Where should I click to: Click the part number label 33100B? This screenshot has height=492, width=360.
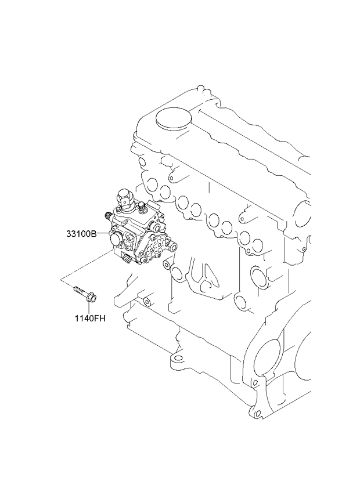pyautogui.click(x=81, y=233)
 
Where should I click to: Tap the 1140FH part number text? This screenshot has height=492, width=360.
pyautogui.click(x=90, y=319)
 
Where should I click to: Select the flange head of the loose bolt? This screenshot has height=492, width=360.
pyautogui.click(x=92, y=298)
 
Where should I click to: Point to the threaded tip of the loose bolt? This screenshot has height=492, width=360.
pyautogui.click(x=75, y=288)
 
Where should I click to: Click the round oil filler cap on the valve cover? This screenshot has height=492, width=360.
pyautogui.click(x=174, y=119)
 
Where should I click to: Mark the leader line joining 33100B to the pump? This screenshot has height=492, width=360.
pyautogui.click(x=103, y=233)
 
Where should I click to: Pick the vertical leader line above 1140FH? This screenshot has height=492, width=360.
pyautogui.click(x=89, y=309)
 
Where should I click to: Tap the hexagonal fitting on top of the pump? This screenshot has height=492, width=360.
pyautogui.click(x=124, y=198)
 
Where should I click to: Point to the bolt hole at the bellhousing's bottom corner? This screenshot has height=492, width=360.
pyautogui.click(x=258, y=413)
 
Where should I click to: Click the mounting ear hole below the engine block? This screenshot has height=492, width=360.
pyautogui.click(x=178, y=359)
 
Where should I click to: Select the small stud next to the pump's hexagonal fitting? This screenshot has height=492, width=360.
pyautogui.click(x=141, y=207)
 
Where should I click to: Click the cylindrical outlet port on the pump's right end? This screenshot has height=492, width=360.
pyautogui.click(x=172, y=245)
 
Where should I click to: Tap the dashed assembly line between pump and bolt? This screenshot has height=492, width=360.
pyautogui.click(x=86, y=264)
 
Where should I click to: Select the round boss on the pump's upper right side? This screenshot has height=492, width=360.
pyautogui.click(x=154, y=226)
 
